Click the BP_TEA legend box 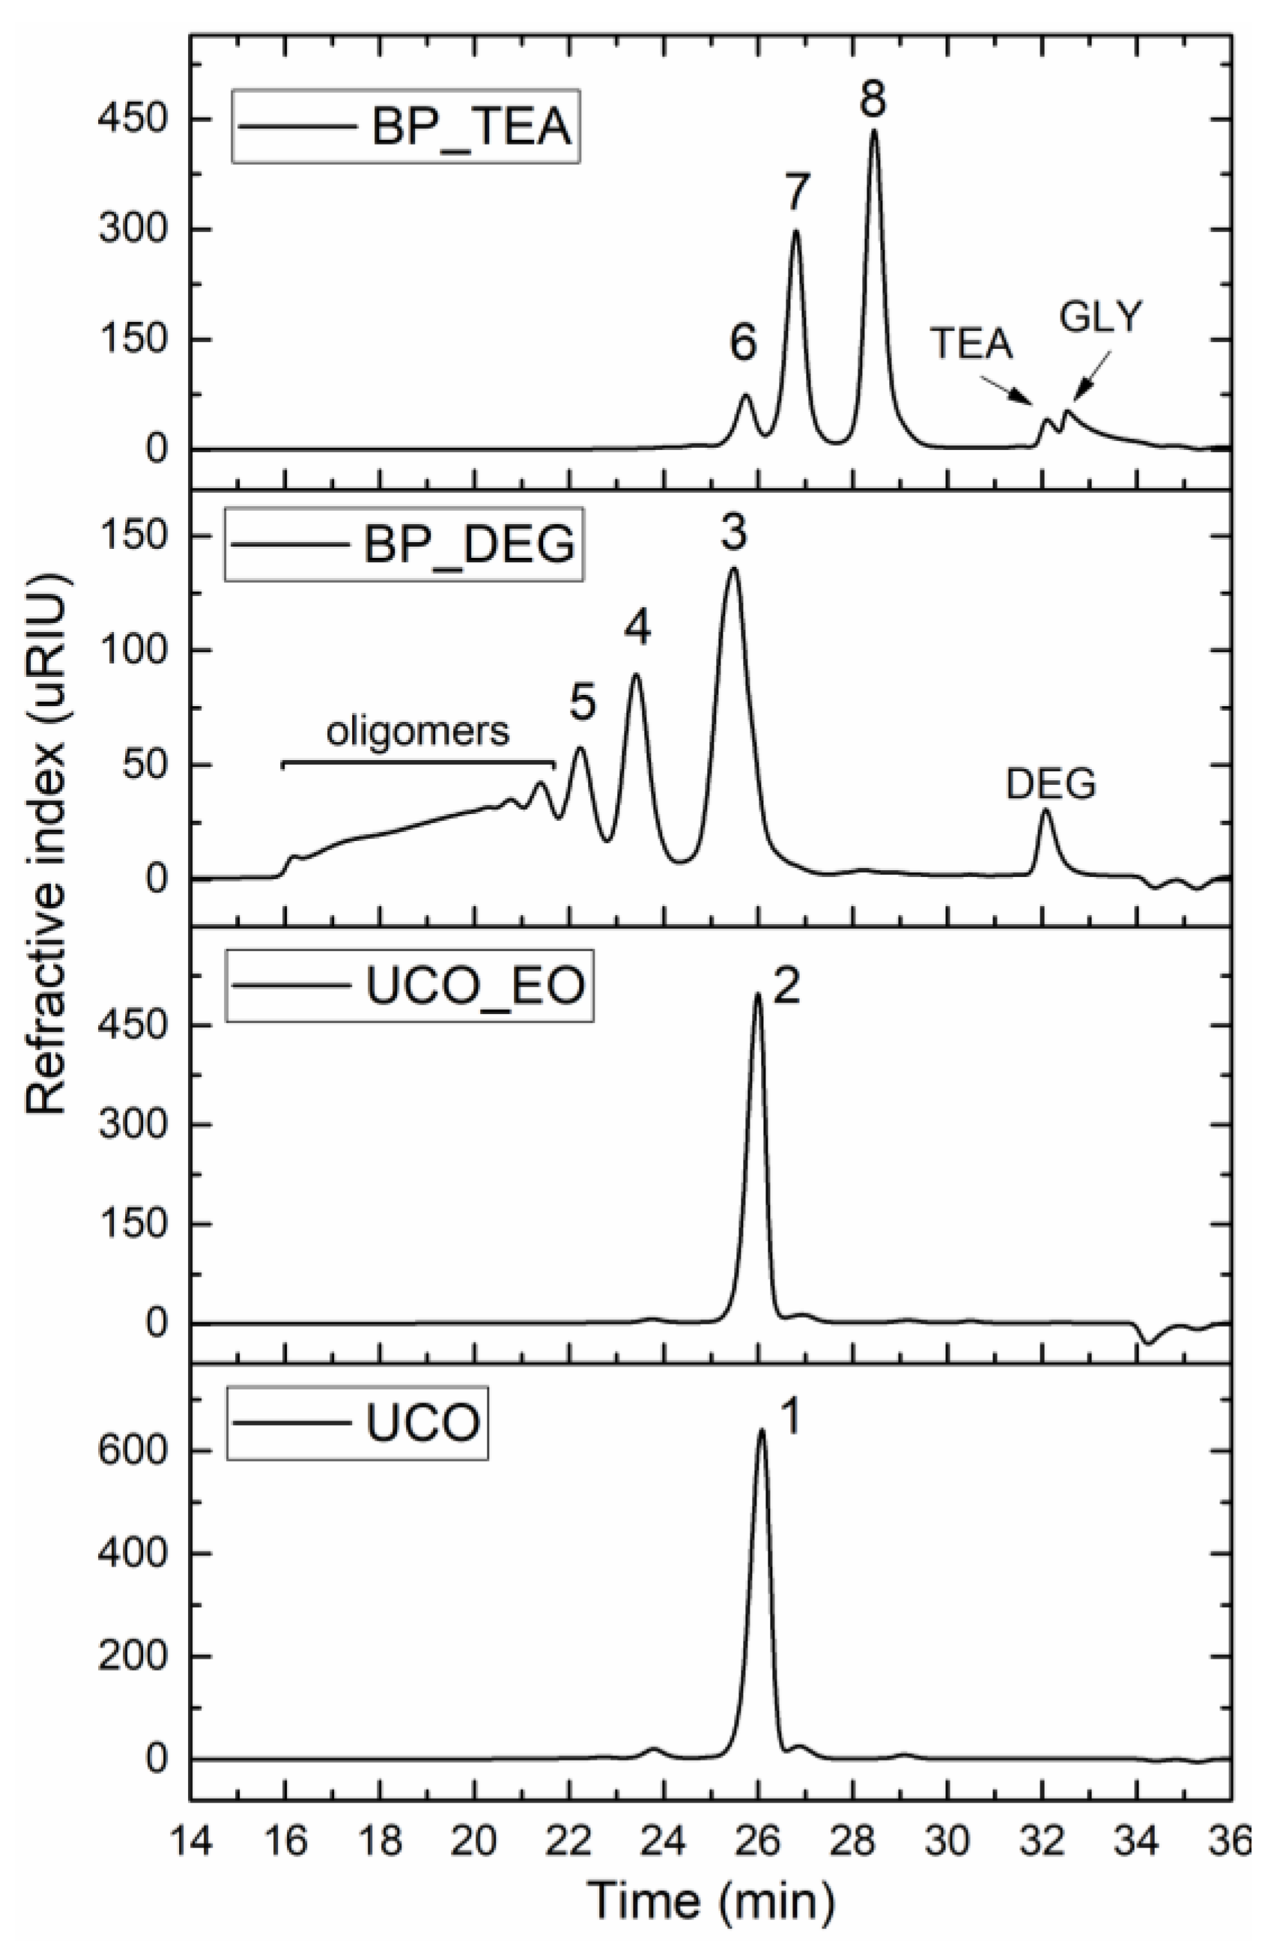coord(405,127)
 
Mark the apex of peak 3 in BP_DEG coord(733,568)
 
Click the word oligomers coord(418,732)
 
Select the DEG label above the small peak coord(1051,785)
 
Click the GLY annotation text coord(1101,318)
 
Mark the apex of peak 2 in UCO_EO coord(758,993)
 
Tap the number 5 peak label coord(581,703)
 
